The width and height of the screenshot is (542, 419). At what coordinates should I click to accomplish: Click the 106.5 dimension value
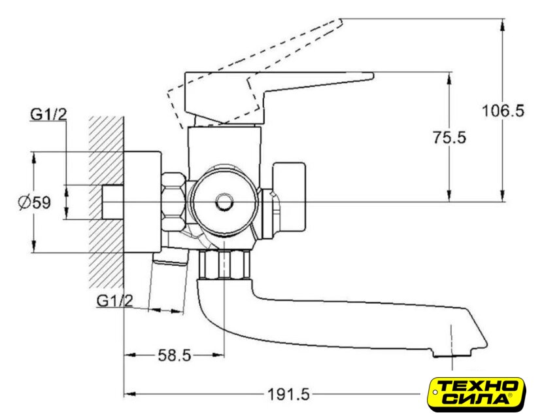click(x=503, y=111)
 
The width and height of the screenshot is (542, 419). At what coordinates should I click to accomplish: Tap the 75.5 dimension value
click(x=449, y=137)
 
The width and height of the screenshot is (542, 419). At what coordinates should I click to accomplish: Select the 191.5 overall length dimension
click(x=289, y=394)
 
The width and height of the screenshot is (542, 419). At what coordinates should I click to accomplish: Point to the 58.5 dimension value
click(x=175, y=355)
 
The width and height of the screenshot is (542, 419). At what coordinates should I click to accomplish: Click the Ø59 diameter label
click(x=35, y=202)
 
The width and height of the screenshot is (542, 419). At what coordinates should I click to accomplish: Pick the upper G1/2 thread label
click(x=48, y=114)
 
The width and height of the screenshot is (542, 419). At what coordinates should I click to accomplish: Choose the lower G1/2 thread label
click(x=115, y=301)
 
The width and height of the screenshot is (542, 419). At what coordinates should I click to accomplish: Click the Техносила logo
click(x=477, y=395)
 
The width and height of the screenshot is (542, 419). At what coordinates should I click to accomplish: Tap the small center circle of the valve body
click(x=224, y=202)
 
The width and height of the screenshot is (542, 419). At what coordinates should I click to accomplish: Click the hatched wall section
click(x=106, y=202)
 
